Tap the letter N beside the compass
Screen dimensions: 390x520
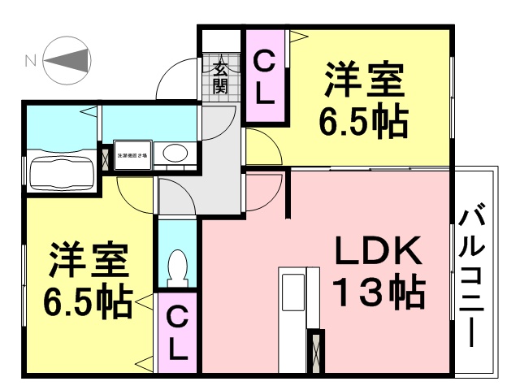pos(30,59)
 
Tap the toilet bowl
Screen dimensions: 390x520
pos(177,266)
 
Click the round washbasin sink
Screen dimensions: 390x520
pos(173,153)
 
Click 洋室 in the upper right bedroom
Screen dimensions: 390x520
pos(364,81)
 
